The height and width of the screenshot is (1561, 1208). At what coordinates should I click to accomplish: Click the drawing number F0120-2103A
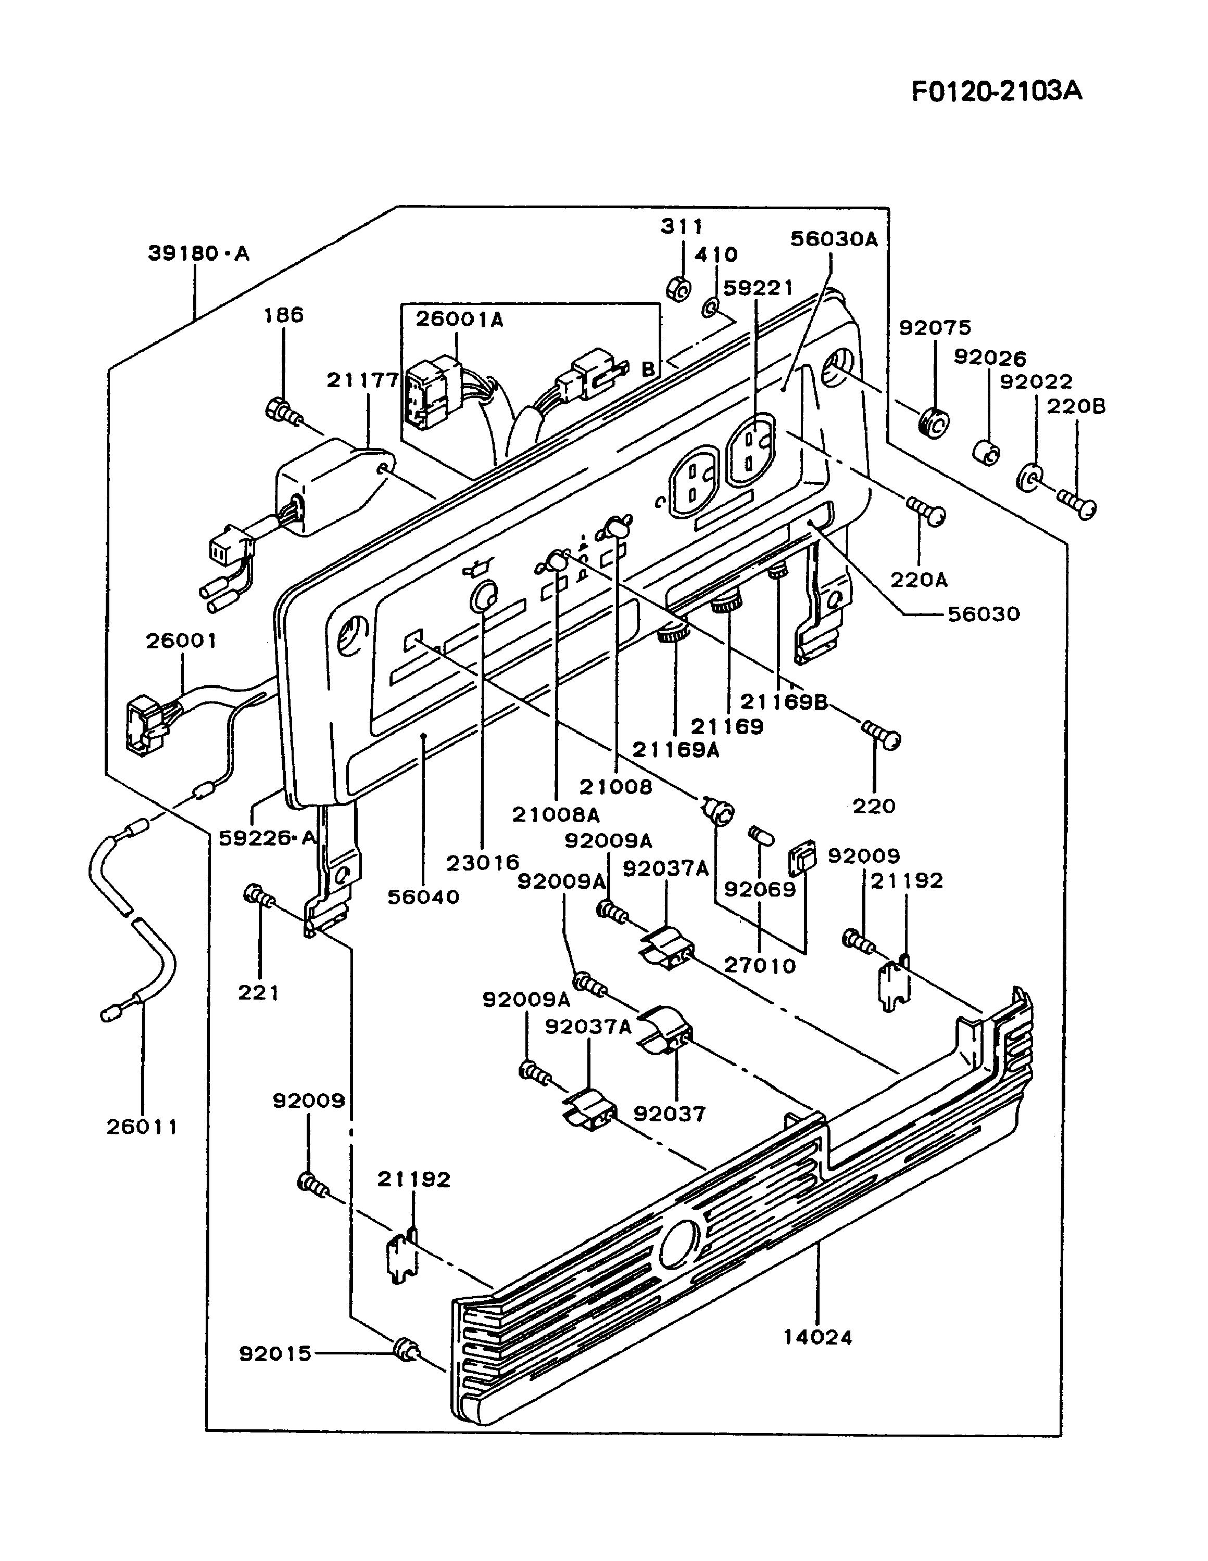[x=996, y=92]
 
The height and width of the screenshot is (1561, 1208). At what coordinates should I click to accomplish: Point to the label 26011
[x=142, y=1127]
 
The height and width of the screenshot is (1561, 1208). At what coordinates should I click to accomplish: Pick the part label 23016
[x=483, y=863]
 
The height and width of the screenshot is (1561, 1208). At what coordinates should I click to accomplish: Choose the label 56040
[x=423, y=897]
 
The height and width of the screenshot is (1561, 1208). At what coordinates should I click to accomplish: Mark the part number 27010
[x=760, y=966]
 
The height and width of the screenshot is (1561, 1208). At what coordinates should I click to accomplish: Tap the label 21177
[x=362, y=381]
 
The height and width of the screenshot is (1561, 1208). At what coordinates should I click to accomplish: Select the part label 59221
[x=758, y=288]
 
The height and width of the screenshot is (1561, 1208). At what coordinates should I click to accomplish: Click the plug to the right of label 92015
[x=406, y=1350]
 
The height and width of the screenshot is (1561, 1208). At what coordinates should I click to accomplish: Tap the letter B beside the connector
[x=648, y=369]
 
